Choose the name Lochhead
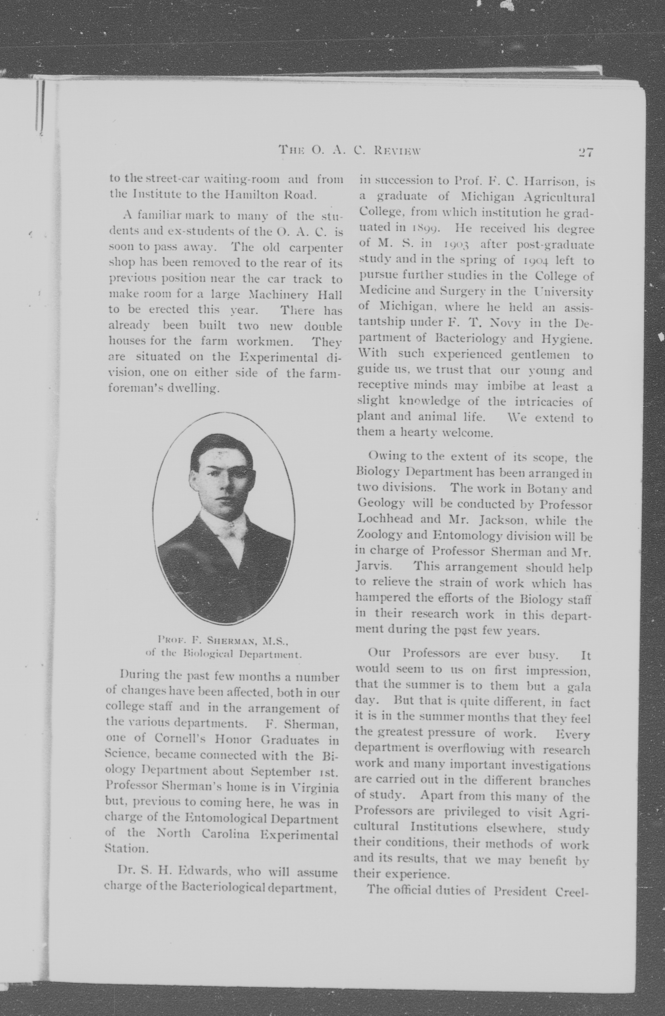384,519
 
